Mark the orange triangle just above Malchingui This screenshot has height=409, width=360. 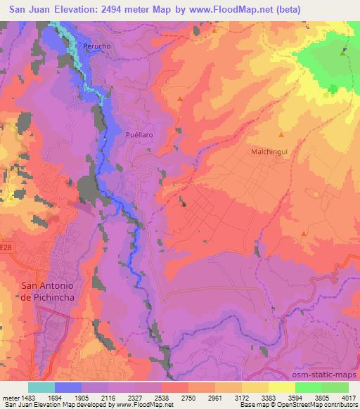click(281, 134)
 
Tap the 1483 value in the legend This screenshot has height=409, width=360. click(27, 398)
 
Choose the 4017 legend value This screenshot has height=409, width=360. click(348, 398)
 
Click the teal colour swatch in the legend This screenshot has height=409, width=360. click(41, 387)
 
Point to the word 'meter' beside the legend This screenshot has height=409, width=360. click(10, 398)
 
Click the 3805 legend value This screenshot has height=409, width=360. click(321, 398)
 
